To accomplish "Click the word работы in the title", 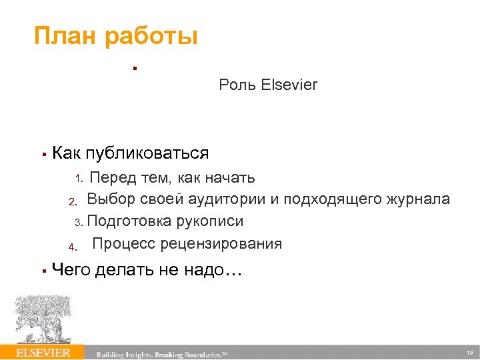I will pyautogui.click(x=151, y=37).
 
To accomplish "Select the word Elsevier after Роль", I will pyautogui.click(x=290, y=85).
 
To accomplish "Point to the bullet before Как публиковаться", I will pyautogui.click(x=42, y=154).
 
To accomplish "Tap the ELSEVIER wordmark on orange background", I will pyautogui.click(x=43, y=352).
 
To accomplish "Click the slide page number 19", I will pyautogui.click(x=469, y=353).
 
